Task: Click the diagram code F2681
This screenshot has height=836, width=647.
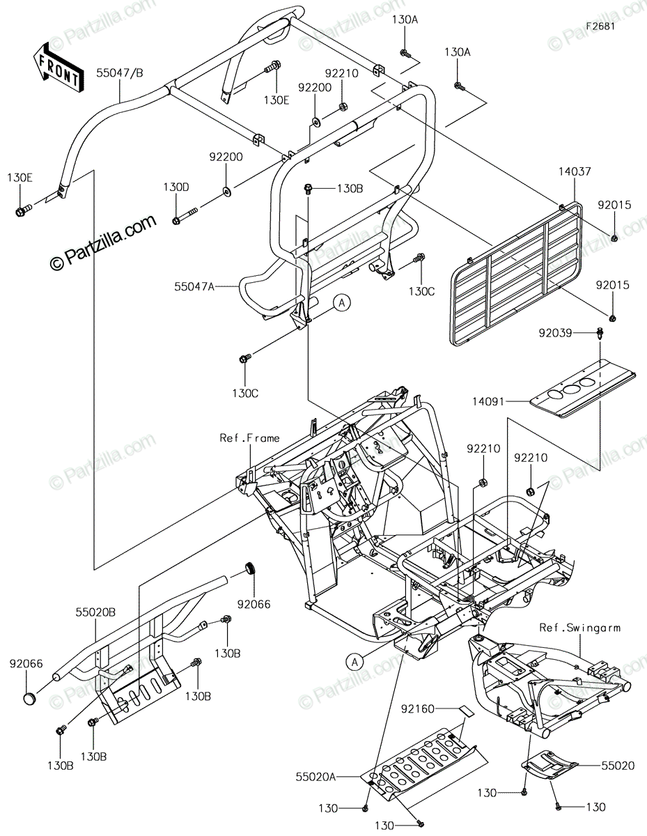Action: click(600, 26)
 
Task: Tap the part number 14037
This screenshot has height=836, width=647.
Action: click(575, 171)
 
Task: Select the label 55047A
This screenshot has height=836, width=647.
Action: click(194, 286)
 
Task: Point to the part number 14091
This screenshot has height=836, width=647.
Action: click(488, 402)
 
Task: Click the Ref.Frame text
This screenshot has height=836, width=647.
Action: click(249, 438)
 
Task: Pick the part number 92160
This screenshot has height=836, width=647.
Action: click(417, 709)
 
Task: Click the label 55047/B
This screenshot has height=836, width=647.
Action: click(120, 73)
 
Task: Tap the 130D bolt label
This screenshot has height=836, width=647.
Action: click(176, 187)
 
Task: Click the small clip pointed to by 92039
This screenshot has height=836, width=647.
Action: click(600, 332)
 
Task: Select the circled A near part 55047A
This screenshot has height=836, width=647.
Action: click(342, 302)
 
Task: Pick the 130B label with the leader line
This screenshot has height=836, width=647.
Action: click(350, 189)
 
